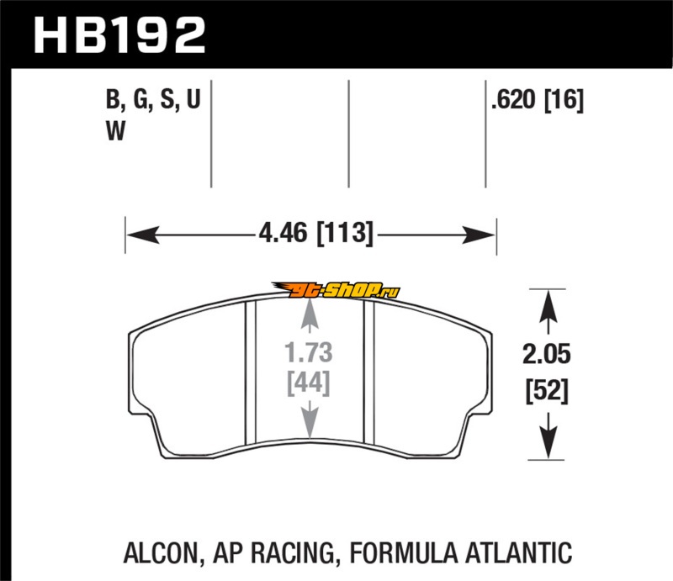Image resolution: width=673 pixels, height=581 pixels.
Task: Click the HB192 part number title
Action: point(119,34)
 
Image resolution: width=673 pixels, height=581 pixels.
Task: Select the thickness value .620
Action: point(513,100)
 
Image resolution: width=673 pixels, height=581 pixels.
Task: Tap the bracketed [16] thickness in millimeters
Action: point(564,100)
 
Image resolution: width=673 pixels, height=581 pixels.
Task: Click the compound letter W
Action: point(115,131)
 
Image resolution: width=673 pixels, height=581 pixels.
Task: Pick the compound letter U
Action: point(193,99)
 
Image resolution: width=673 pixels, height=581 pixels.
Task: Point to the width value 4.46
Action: point(284,233)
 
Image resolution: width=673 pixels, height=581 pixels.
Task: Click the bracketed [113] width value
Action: point(345,234)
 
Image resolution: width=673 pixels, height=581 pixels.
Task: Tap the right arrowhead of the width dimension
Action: point(478,235)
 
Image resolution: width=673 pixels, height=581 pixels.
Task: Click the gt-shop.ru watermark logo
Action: point(336,290)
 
